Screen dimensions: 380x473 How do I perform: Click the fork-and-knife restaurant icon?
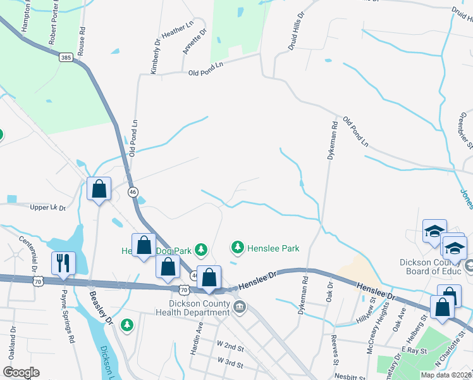[64, 263]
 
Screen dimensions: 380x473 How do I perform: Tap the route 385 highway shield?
[66, 57]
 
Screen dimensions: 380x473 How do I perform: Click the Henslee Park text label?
[273, 248]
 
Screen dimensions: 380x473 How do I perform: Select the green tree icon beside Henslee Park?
[238, 246]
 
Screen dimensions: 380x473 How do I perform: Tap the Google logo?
[21, 372]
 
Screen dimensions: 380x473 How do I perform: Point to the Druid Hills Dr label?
[297, 18]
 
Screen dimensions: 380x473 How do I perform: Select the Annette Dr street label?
[195, 41]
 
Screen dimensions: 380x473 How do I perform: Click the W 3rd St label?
[230, 361]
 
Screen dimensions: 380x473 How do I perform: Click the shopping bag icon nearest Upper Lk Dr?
[99, 189]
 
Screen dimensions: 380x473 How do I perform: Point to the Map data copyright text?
[446, 375]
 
